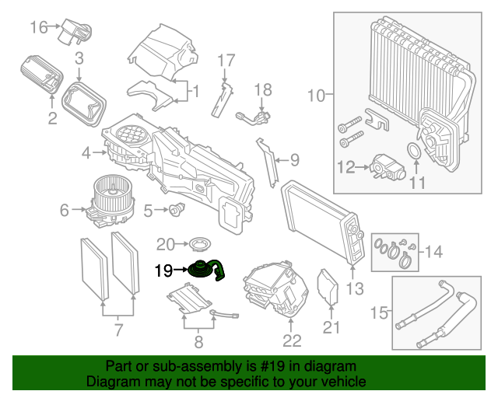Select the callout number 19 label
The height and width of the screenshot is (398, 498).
[163, 271]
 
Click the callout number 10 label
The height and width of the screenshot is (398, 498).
[315, 96]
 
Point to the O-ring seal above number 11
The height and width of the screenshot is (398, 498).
[415, 150]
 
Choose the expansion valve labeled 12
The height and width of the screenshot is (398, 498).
[384, 166]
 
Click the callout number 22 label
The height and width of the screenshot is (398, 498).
[291, 340]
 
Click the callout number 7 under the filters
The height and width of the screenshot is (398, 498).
[118, 330]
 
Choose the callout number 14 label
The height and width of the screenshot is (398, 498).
[434, 251]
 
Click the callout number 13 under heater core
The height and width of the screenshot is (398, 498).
[354, 290]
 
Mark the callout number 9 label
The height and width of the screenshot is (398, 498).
[293, 161]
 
